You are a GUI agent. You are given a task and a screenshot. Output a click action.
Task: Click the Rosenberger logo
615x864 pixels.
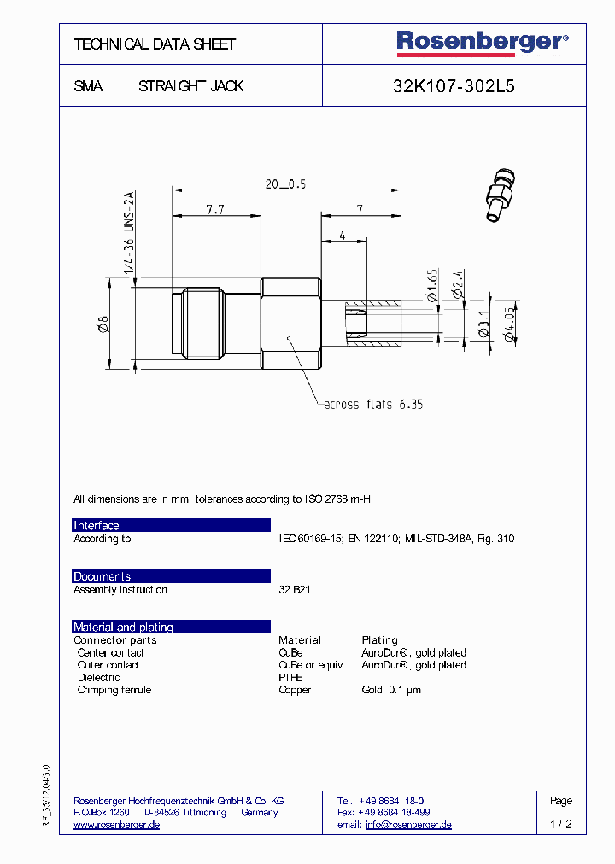(482, 43)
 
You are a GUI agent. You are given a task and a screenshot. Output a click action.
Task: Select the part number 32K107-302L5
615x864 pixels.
(454, 86)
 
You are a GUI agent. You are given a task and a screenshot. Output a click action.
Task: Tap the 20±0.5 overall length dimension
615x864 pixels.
(285, 184)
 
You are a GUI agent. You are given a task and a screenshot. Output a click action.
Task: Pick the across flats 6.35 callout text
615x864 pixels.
(373, 404)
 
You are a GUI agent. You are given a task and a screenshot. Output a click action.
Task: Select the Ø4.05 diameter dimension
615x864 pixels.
(509, 325)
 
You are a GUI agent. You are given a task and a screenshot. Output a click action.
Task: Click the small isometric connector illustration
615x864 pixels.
(501, 196)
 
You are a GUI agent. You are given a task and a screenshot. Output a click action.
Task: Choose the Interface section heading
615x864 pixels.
(97, 526)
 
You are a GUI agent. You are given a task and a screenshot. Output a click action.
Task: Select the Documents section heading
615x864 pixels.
(102, 576)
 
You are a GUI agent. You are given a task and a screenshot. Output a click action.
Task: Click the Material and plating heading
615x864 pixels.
(123, 627)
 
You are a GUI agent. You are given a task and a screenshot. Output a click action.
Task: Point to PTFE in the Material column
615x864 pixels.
(290, 677)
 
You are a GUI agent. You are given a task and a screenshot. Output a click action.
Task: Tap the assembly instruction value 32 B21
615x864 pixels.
(295, 590)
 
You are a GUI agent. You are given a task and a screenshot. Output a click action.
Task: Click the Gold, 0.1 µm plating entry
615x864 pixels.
(391, 690)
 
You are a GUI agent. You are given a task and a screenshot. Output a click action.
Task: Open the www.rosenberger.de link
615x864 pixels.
(117, 825)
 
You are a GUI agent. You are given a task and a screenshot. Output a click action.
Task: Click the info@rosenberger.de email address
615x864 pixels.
(407, 825)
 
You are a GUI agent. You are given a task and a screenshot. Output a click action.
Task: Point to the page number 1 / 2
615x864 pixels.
(560, 825)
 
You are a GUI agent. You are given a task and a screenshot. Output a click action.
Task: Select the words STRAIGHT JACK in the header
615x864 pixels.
(190, 86)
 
